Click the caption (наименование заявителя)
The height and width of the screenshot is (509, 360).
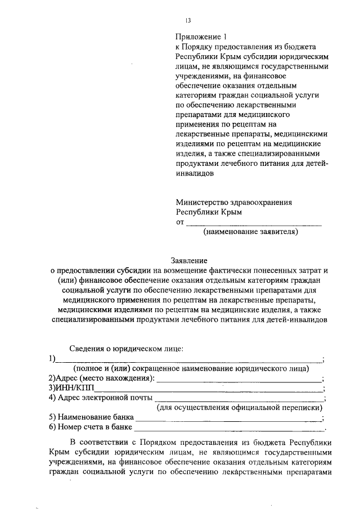click(250, 231)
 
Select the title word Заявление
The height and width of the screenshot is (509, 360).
click(188, 260)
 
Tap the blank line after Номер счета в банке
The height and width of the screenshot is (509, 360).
click(231, 428)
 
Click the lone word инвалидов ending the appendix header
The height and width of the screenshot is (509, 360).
click(195, 174)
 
